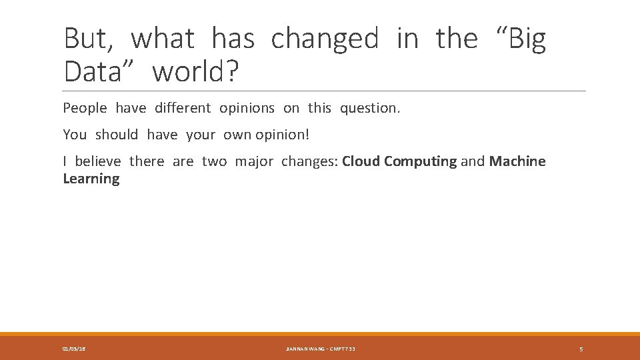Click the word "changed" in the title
(x=324, y=39)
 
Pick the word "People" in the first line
(x=85, y=108)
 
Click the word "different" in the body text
(x=182, y=108)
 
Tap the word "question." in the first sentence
(x=370, y=108)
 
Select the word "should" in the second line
(x=117, y=135)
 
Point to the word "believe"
(x=98, y=161)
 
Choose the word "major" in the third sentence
(x=254, y=161)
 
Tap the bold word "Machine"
(x=517, y=161)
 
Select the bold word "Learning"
(x=91, y=179)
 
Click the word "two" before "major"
(x=214, y=161)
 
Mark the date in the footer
(x=73, y=349)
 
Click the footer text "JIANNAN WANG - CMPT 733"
(x=321, y=349)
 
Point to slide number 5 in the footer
(x=581, y=349)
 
